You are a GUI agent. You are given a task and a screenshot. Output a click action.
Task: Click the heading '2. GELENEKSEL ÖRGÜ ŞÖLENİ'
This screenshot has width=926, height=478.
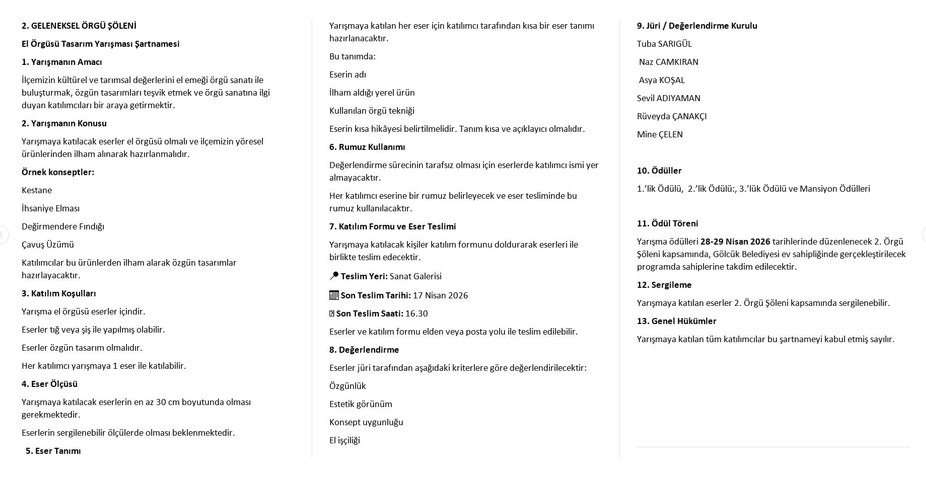(x=79, y=26)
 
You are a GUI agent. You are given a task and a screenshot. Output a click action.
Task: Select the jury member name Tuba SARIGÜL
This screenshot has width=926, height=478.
(x=664, y=44)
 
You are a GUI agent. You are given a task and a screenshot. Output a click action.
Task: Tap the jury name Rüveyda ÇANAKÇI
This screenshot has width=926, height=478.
(x=672, y=116)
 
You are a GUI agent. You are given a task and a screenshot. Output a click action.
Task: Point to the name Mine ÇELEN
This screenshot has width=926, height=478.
(x=660, y=134)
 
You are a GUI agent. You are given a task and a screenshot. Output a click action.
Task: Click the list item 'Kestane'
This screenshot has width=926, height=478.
(x=37, y=190)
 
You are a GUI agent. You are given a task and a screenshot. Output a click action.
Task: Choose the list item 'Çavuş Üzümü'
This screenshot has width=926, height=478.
(x=48, y=245)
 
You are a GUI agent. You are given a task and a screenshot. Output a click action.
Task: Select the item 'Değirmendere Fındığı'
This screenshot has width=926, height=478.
(x=63, y=226)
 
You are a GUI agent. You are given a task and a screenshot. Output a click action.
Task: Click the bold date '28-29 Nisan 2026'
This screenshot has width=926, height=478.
(x=735, y=242)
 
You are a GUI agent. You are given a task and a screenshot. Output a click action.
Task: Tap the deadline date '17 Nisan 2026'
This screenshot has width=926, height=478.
(x=440, y=295)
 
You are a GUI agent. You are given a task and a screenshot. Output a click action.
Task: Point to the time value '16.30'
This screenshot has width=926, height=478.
(x=416, y=313)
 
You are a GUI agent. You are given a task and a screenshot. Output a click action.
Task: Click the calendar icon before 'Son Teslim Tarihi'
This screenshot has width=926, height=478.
(x=334, y=295)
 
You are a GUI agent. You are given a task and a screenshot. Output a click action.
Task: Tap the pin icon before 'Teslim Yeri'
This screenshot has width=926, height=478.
(x=334, y=276)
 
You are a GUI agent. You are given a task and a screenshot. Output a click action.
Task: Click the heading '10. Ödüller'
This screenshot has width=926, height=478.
(x=659, y=171)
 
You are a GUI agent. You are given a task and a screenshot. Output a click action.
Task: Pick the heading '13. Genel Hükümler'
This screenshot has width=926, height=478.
(x=676, y=321)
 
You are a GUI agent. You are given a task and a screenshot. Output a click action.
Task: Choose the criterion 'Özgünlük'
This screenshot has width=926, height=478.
(x=347, y=386)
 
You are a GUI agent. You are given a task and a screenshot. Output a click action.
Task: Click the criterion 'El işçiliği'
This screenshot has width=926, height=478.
(x=344, y=440)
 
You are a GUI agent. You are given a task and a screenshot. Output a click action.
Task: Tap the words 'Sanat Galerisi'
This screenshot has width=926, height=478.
(x=415, y=276)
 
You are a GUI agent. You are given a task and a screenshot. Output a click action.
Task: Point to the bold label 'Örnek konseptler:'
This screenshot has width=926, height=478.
(x=58, y=172)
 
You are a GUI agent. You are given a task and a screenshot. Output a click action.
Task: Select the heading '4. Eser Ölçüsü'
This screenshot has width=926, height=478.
(x=49, y=384)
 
